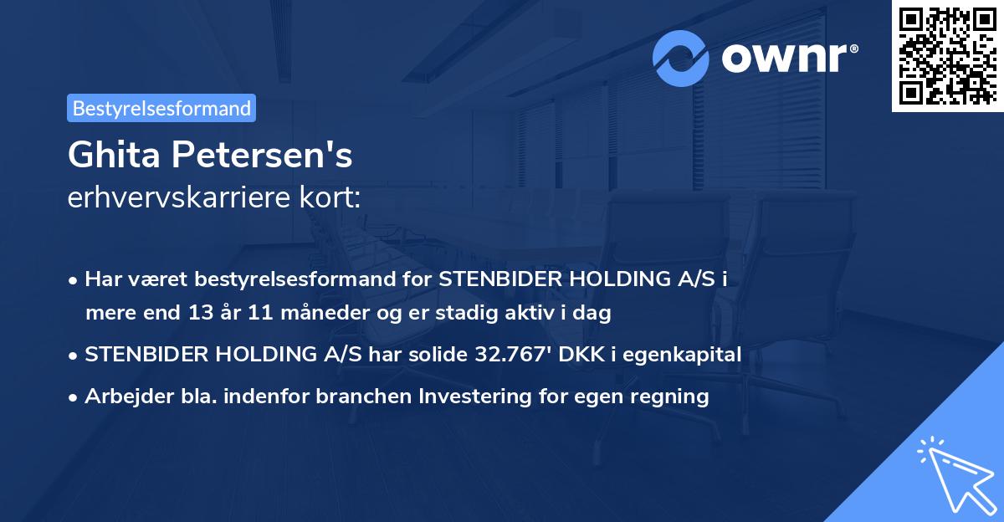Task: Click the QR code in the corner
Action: [x=947, y=55]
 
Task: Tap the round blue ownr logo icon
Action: [x=682, y=58]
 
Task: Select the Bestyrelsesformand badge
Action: [x=161, y=108]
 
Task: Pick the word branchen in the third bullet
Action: [x=360, y=396]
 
